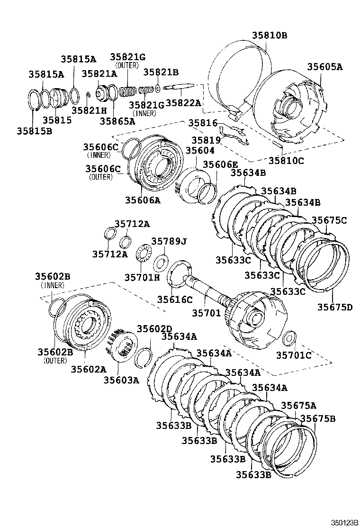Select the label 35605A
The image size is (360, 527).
324,67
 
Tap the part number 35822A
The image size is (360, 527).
183,103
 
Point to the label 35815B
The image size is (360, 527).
34,129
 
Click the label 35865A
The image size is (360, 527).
117,121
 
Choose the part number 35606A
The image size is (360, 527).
143,200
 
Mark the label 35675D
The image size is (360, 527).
335,307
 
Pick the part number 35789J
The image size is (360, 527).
169,242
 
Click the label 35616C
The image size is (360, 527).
175,299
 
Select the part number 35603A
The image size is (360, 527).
122,380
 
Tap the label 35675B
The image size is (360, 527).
318,418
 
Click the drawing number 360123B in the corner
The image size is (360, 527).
343,522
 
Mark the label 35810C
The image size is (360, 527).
286,161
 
